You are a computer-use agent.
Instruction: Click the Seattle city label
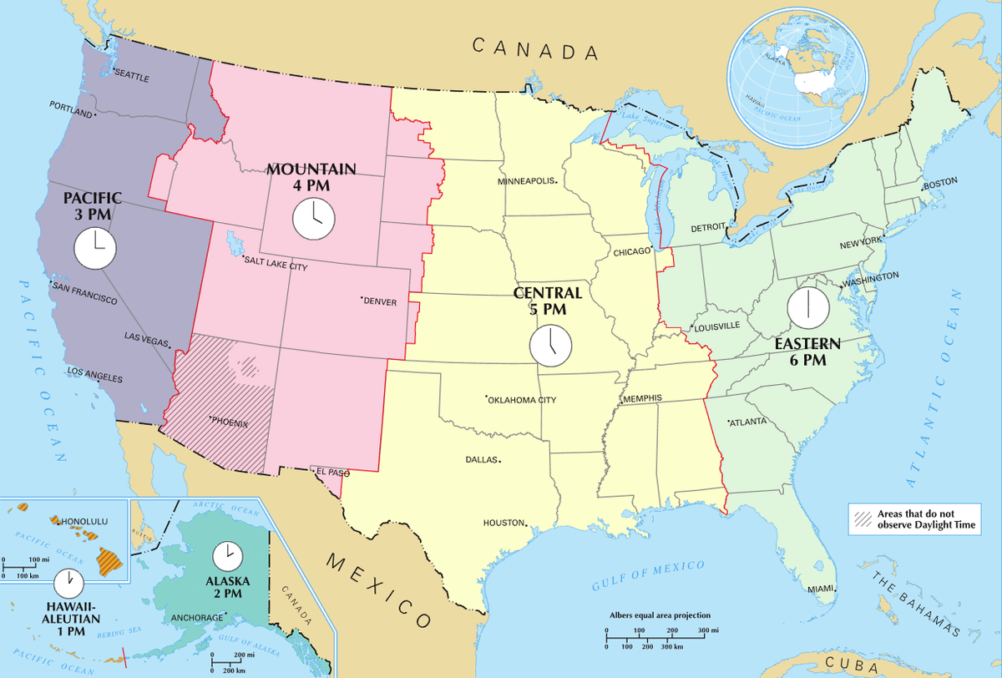tap(131, 77)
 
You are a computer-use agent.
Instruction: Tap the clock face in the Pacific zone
tap(94, 248)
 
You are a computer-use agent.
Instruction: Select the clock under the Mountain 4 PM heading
tap(313, 218)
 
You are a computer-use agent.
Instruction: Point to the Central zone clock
tap(551, 343)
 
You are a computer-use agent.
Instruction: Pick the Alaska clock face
tap(225, 555)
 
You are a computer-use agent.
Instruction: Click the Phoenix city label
tap(230, 422)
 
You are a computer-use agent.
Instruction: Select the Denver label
tap(381, 301)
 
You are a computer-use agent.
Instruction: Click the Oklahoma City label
tap(523, 400)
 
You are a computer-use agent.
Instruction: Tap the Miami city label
tap(821, 589)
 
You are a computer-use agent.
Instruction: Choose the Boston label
tap(941, 182)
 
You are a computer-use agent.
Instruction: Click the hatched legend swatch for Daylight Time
tap(861, 519)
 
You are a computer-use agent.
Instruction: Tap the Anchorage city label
tap(197, 618)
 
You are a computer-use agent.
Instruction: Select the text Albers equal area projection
tap(653, 615)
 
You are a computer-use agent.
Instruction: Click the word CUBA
tap(860, 665)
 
